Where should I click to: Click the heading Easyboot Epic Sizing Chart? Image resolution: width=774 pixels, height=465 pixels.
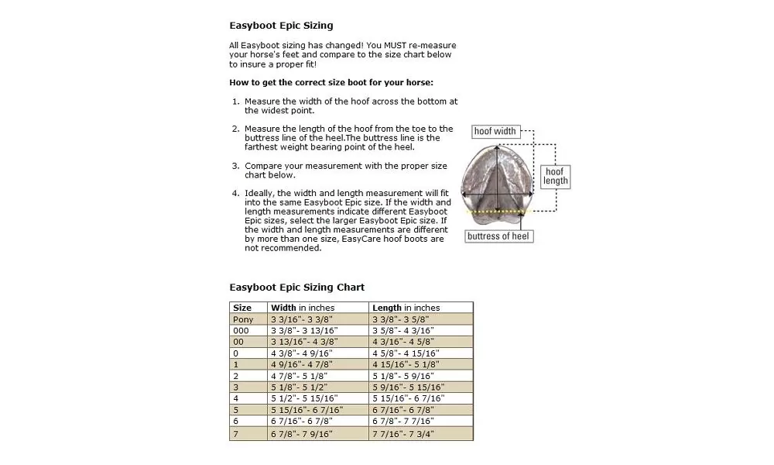pyautogui.click(x=296, y=288)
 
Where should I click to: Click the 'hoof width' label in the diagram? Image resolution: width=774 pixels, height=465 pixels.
pyautogui.click(x=495, y=131)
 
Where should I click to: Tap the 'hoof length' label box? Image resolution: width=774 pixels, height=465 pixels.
pyautogui.click(x=555, y=176)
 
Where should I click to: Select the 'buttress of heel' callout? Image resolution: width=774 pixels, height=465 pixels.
pyautogui.click(x=499, y=236)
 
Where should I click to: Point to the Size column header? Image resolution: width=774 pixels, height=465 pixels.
pyautogui.click(x=242, y=308)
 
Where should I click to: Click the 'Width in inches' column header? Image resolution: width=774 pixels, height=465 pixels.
pyautogui.click(x=303, y=308)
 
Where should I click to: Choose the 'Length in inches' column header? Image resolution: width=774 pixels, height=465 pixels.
pyautogui.click(x=406, y=308)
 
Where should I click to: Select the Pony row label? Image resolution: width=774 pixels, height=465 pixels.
pyautogui.click(x=243, y=319)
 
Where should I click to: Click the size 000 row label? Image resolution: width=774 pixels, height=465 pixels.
pyautogui.click(x=241, y=330)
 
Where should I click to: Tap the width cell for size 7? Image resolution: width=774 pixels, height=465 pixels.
pyautogui.click(x=301, y=435)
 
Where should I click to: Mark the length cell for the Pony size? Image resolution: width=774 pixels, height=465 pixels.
pyautogui.click(x=400, y=319)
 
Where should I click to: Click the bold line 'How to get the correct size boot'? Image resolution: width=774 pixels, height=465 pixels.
pyautogui.click(x=331, y=82)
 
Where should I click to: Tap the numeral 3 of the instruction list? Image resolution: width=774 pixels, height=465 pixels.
pyautogui.click(x=235, y=166)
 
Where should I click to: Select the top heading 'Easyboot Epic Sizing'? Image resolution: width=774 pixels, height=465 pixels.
pyautogui.click(x=281, y=26)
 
